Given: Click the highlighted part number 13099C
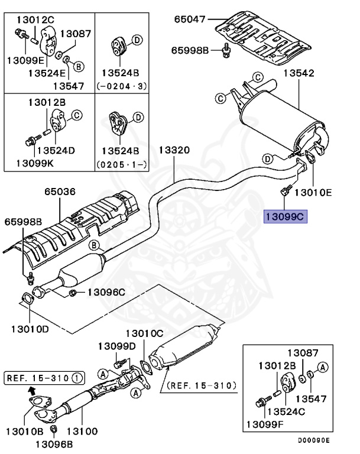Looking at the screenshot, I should click(x=286, y=217).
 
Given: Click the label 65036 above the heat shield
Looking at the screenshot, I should click(x=60, y=192).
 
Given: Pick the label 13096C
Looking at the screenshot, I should click(x=107, y=291).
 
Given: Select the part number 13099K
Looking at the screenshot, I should click(x=35, y=161).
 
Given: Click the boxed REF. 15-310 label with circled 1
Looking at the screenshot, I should click(x=44, y=375).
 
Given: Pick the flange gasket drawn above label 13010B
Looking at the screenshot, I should click(x=40, y=408).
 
